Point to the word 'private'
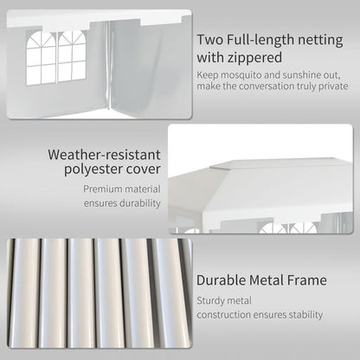[333, 87]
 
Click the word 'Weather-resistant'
[104, 154]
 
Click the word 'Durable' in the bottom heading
[221, 280]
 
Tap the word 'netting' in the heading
[321, 40]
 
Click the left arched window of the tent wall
[41, 58]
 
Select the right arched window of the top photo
[72, 56]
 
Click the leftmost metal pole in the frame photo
[24, 292]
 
